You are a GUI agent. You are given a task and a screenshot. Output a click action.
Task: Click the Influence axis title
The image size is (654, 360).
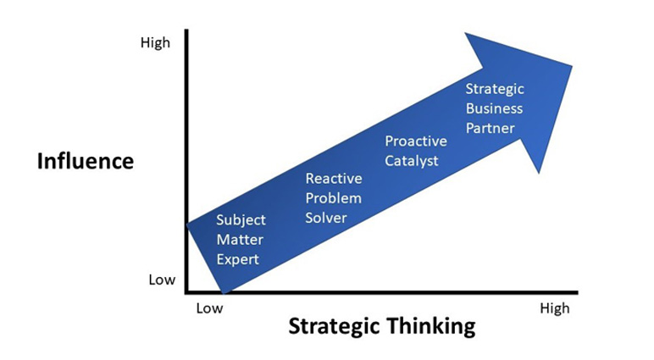pos(86,161)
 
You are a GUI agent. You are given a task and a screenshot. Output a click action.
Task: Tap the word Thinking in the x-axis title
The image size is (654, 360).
pos(430,327)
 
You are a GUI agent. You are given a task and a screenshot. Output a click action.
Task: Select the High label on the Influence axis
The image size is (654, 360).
pos(155,43)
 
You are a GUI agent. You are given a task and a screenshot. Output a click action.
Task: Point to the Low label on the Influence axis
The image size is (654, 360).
pos(162,280)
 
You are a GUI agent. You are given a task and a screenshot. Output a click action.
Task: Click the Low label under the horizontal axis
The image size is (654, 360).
pos(209,308)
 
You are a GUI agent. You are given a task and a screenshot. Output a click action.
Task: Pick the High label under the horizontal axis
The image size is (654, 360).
pos(554,308)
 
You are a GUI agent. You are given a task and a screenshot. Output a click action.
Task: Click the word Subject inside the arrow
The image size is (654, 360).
pos(241,220)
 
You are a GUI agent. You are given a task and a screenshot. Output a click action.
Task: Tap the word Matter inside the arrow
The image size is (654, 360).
pos(240,240)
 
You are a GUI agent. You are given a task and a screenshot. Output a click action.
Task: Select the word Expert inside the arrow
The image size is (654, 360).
pos(238,260)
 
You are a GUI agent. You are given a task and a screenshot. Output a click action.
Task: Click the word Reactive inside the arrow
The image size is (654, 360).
pos(334,179)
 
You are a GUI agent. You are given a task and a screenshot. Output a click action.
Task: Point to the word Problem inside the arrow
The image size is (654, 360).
pos(333,198)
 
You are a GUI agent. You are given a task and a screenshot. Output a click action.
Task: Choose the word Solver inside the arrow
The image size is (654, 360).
pos(326,218)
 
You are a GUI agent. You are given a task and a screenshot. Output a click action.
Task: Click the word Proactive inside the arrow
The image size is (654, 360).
pos(416,141)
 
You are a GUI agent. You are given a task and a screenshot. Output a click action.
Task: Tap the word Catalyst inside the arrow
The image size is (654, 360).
pos(411,161)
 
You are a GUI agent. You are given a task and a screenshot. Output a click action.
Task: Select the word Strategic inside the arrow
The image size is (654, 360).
pos(495,89)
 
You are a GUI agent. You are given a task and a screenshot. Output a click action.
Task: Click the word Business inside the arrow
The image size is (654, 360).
pos(494,108)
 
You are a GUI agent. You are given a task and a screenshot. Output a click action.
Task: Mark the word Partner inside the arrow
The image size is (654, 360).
pos(490,128)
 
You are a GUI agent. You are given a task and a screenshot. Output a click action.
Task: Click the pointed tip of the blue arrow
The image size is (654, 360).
pos(572,66)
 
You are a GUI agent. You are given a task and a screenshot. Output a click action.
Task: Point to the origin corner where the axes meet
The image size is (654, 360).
pos(187,292)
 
